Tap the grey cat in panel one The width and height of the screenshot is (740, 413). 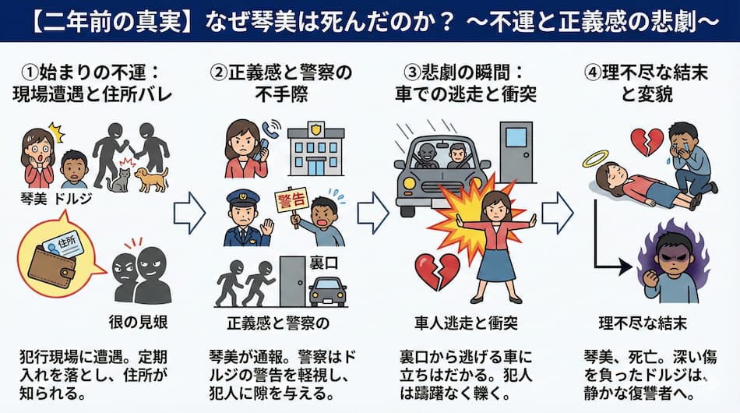[x=119, y=180]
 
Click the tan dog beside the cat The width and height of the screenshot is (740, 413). [x=151, y=179]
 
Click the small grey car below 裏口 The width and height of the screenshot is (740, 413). [x=328, y=291]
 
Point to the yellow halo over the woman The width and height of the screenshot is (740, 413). [x=594, y=160]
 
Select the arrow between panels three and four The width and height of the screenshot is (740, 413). [x=558, y=210]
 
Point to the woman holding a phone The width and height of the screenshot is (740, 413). [x=243, y=148]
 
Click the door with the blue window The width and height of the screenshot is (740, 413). [x=516, y=151]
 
